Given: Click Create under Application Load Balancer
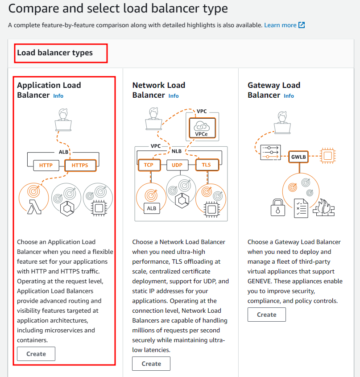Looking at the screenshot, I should (36, 354).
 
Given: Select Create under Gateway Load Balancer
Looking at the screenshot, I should (267, 315).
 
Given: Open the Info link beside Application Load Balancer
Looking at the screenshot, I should (58, 96).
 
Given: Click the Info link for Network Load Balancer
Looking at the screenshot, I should (174, 96).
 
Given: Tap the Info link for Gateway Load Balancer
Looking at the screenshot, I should (289, 96).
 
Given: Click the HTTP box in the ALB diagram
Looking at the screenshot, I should (46, 166).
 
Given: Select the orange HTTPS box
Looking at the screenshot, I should (80, 166).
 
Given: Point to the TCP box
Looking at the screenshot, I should (149, 165).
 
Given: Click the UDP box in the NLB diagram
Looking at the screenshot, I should (177, 165).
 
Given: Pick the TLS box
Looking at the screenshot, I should (206, 165).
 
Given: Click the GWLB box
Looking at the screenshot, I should (298, 157).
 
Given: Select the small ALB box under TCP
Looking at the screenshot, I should (151, 207).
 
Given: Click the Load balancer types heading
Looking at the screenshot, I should (55, 53).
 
